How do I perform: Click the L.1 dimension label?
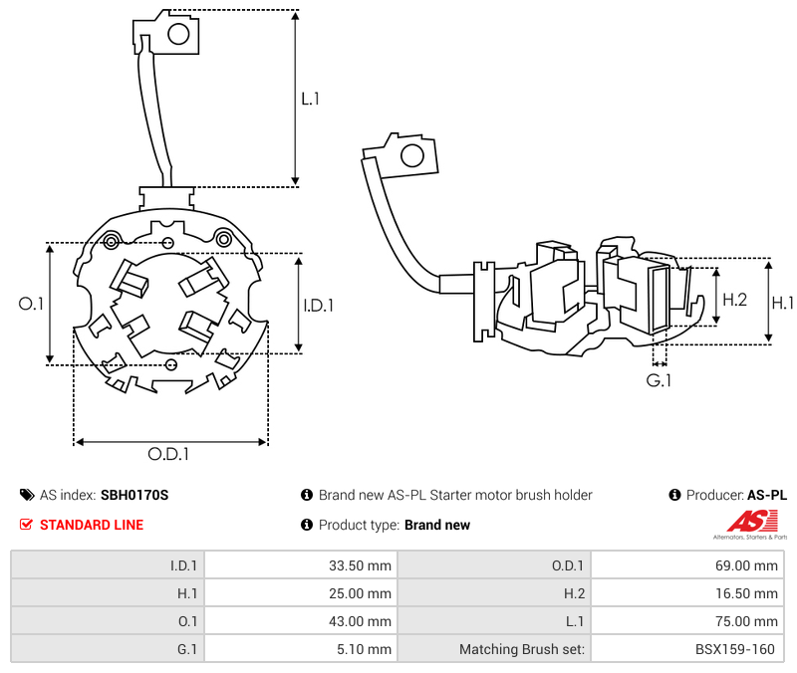pyautogui.click(x=310, y=99)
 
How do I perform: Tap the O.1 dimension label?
pyautogui.click(x=32, y=304)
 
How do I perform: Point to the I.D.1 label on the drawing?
pyautogui.click(x=318, y=305)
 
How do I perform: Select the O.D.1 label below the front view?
pyautogui.click(x=168, y=454)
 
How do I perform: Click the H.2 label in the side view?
pyautogui.click(x=734, y=300)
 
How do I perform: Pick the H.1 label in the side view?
pyautogui.click(x=783, y=303)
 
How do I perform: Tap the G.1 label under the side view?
pyautogui.click(x=659, y=380)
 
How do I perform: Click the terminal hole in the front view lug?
pyautogui.click(x=179, y=35)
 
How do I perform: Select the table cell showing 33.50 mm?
pyautogui.click(x=300, y=565)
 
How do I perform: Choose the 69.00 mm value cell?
pyautogui.click(x=686, y=565)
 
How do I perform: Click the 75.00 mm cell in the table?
pyautogui.click(x=686, y=621)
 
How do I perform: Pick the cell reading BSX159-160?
pyautogui.click(x=686, y=649)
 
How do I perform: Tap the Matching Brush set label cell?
pyautogui.click(x=494, y=649)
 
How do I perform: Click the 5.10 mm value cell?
pyautogui.click(x=300, y=649)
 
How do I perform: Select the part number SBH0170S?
pyautogui.click(x=134, y=495)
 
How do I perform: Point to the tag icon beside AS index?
pyautogui.click(x=27, y=495)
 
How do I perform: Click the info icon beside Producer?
pyautogui.click(x=674, y=495)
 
